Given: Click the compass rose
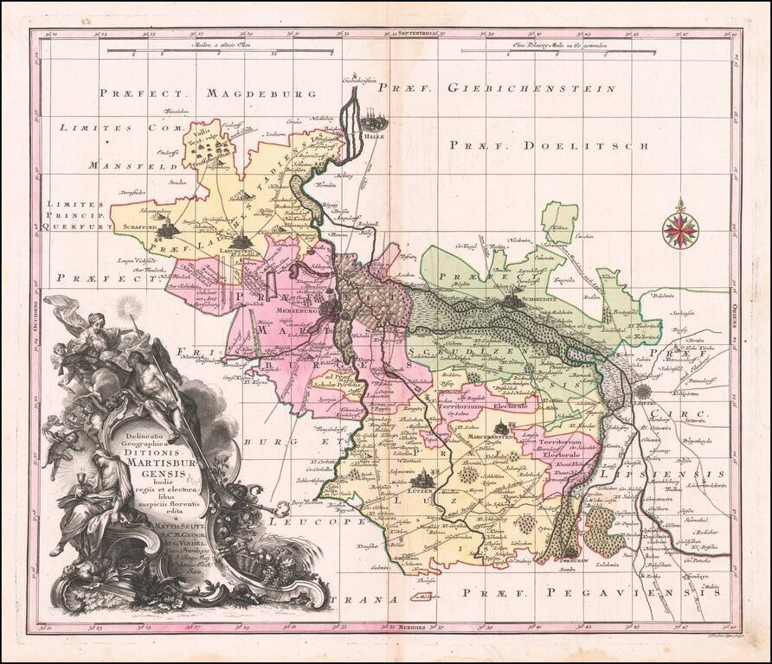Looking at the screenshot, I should (681, 227).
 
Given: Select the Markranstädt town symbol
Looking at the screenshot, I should (501, 425).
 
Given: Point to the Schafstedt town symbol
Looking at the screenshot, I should (171, 227).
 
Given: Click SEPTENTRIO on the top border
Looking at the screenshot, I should (415, 35).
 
